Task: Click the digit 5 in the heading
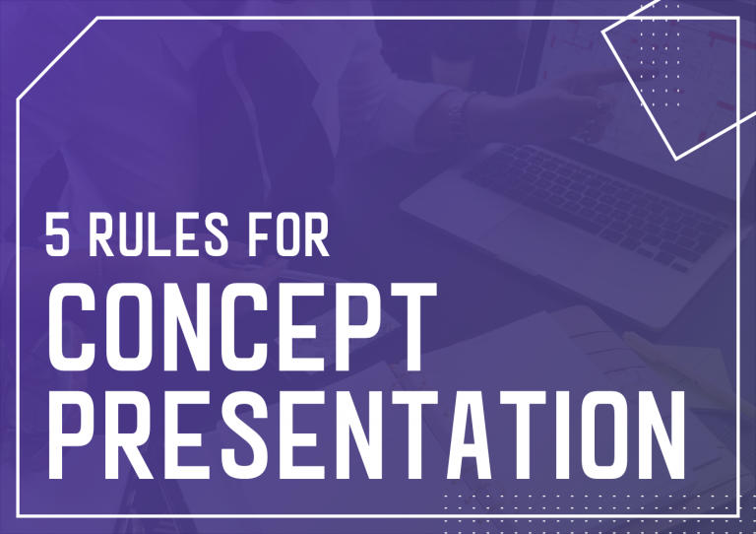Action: [x=58, y=235]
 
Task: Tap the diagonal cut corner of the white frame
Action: [x=59, y=57]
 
